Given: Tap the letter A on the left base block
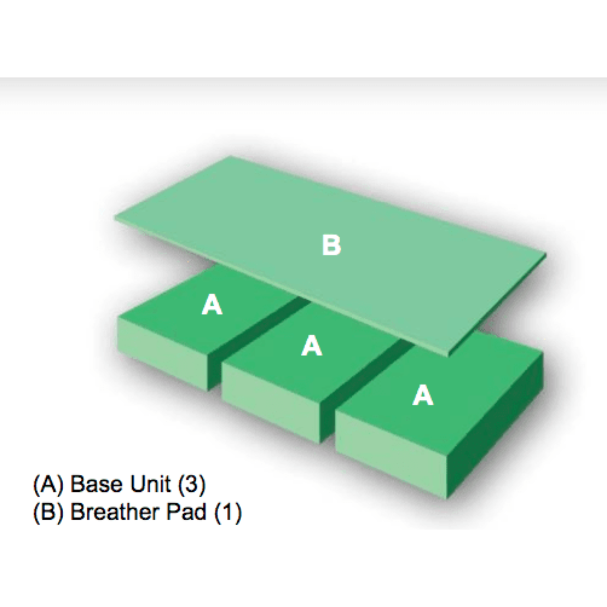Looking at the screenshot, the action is [212, 305].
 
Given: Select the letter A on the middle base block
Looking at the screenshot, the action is [312, 346].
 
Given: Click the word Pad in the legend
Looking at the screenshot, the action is [186, 512].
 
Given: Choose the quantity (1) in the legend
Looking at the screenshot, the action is [228, 512].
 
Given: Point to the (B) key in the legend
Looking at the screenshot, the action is [48, 512].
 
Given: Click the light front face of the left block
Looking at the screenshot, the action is [162, 354].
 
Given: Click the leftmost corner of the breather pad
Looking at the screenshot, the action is [114, 217].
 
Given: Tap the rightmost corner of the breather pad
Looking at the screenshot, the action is [546, 254].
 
